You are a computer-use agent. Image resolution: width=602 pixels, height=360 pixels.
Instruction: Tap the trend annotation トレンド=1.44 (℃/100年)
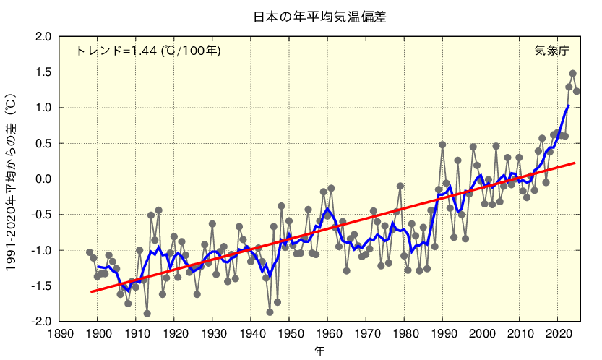(x=148, y=51)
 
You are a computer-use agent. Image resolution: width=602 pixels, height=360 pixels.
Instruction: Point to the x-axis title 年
(x=319, y=351)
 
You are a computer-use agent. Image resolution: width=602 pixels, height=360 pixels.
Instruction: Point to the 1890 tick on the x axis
(x=60, y=334)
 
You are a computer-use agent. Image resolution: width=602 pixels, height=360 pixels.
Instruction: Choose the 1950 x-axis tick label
(x=289, y=334)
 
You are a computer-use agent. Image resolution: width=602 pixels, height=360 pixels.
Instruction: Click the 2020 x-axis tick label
(x=557, y=334)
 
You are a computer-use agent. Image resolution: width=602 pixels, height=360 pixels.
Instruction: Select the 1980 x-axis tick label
(x=404, y=334)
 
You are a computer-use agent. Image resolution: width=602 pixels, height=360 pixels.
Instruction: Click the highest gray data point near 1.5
(x=572, y=74)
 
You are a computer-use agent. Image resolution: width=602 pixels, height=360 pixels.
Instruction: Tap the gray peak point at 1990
(x=442, y=145)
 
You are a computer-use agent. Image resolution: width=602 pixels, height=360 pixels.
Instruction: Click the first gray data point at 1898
(x=90, y=252)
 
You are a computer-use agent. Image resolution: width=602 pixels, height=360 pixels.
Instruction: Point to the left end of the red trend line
(x=91, y=292)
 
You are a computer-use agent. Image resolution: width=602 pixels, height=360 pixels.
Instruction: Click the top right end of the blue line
(x=569, y=106)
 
